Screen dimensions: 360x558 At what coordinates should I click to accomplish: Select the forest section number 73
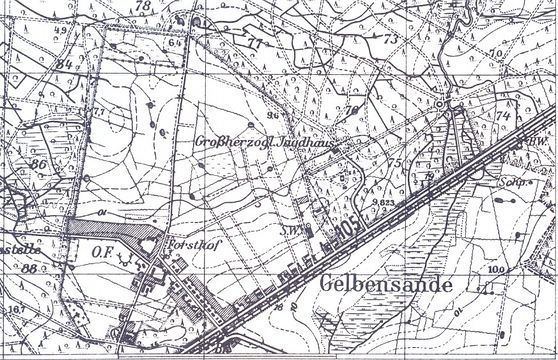point(388,38)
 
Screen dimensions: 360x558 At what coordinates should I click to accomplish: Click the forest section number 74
point(503,115)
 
